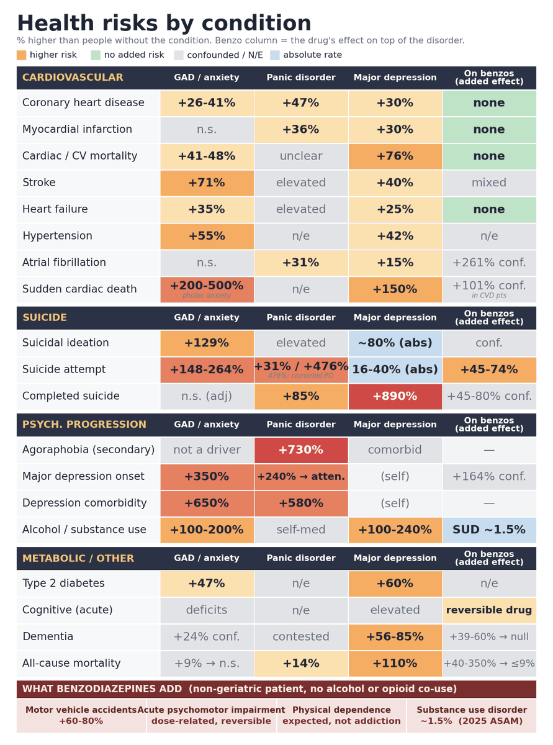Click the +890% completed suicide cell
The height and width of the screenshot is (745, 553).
[395, 396]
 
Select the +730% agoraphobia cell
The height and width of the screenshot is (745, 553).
[301, 449]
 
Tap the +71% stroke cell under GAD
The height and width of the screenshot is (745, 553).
[207, 183]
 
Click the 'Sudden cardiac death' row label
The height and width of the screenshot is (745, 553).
[79, 289]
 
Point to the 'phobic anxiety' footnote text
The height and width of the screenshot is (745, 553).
[207, 296]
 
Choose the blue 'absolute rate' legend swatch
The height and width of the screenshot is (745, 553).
[275, 55]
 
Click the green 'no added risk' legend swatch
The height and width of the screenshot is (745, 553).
[96, 55]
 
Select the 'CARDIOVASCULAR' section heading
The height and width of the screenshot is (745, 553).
[73, 77]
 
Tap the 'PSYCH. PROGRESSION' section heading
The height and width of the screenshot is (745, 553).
[84, 424]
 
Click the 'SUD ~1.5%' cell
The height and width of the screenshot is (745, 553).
[489, 530]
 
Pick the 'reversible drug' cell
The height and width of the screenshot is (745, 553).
[489, 610]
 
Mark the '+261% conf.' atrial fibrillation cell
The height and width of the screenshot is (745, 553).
[489, 263]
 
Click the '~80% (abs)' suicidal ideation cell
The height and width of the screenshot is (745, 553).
[395, 343]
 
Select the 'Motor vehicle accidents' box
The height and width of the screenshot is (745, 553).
[81, 715]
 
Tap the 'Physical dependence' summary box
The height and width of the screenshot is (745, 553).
[341, 715]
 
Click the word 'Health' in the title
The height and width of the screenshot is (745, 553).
[56, 24]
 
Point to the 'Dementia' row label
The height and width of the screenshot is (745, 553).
[48, 636]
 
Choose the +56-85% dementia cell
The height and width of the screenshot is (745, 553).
[395, 636]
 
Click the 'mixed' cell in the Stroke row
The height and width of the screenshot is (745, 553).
[489, 183]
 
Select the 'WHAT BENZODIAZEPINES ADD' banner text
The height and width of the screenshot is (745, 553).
[102, 689]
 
